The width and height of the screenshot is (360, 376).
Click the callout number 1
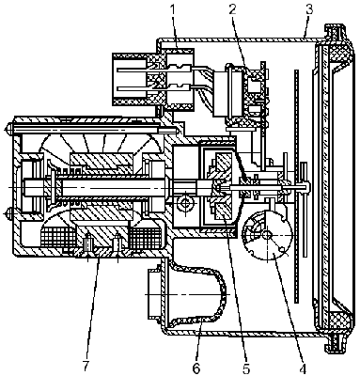[173, 10]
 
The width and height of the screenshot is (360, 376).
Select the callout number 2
[232, 10]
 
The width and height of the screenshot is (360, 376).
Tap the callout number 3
[309, 10]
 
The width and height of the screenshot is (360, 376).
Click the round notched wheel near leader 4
[267, 234]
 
